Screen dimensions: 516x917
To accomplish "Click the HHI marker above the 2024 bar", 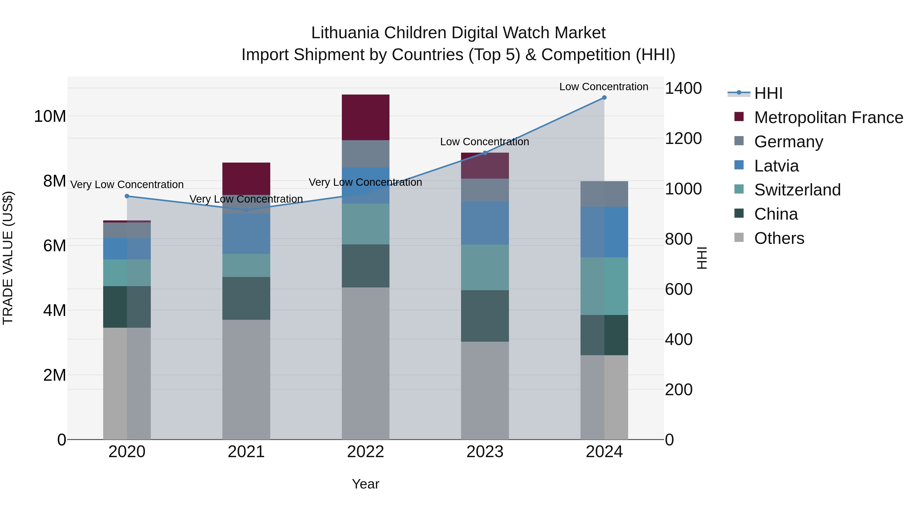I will click(x=604, y=98).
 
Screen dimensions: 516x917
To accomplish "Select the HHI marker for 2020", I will click(x=127, y=196).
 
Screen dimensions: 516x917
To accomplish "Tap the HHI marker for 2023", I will click(x=485, y=153).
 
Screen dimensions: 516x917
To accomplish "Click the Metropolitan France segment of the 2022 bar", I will click(x=366, y=117).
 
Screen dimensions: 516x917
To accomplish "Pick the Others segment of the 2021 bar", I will click(x=246, y=379).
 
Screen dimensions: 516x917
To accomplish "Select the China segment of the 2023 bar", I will click(x=485, y=316).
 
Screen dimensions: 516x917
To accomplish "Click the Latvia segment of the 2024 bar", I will click(x=604, y=232).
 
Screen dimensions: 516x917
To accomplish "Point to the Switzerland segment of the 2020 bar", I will click(x=127, y=273).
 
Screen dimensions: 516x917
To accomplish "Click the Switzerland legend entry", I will click(x=797, y=190).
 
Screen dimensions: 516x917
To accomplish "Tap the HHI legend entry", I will click(x=768, y=93).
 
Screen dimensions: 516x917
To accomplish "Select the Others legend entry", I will click(x=779, y=238).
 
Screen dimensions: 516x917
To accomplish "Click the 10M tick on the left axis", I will click(x=50, y=116).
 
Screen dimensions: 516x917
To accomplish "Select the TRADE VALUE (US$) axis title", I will click(x=8, y=258).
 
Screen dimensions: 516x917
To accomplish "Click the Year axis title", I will click(x=366, y=484).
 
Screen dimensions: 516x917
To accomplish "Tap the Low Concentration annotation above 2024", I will click(x=604, y=87).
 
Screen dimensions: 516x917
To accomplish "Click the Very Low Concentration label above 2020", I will click(x=127, y=184).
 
